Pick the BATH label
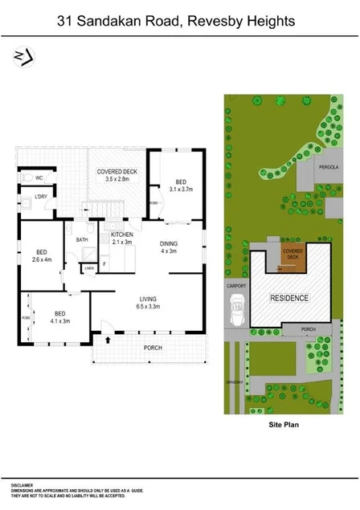point(82,239)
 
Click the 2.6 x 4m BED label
point(42,255)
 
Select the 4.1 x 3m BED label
point(61,316)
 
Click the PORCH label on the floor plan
point(153,348)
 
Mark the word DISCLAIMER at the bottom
point(22,486)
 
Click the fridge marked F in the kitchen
point(104,263)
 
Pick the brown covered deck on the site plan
point(292,259)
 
